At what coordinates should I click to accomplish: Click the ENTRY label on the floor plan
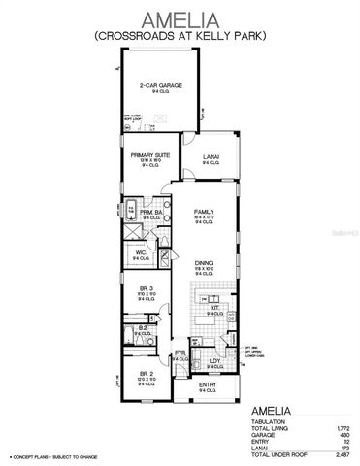pos(208,385)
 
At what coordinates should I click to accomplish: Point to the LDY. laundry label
pos(214,361)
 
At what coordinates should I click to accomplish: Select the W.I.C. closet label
pos(141,254)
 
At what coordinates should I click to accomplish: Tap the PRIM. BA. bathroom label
pos(148,213)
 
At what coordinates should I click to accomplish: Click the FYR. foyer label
pos(180,354)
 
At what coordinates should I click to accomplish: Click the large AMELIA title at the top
pos(180,18)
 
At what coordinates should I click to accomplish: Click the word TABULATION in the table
pos(269,422)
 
